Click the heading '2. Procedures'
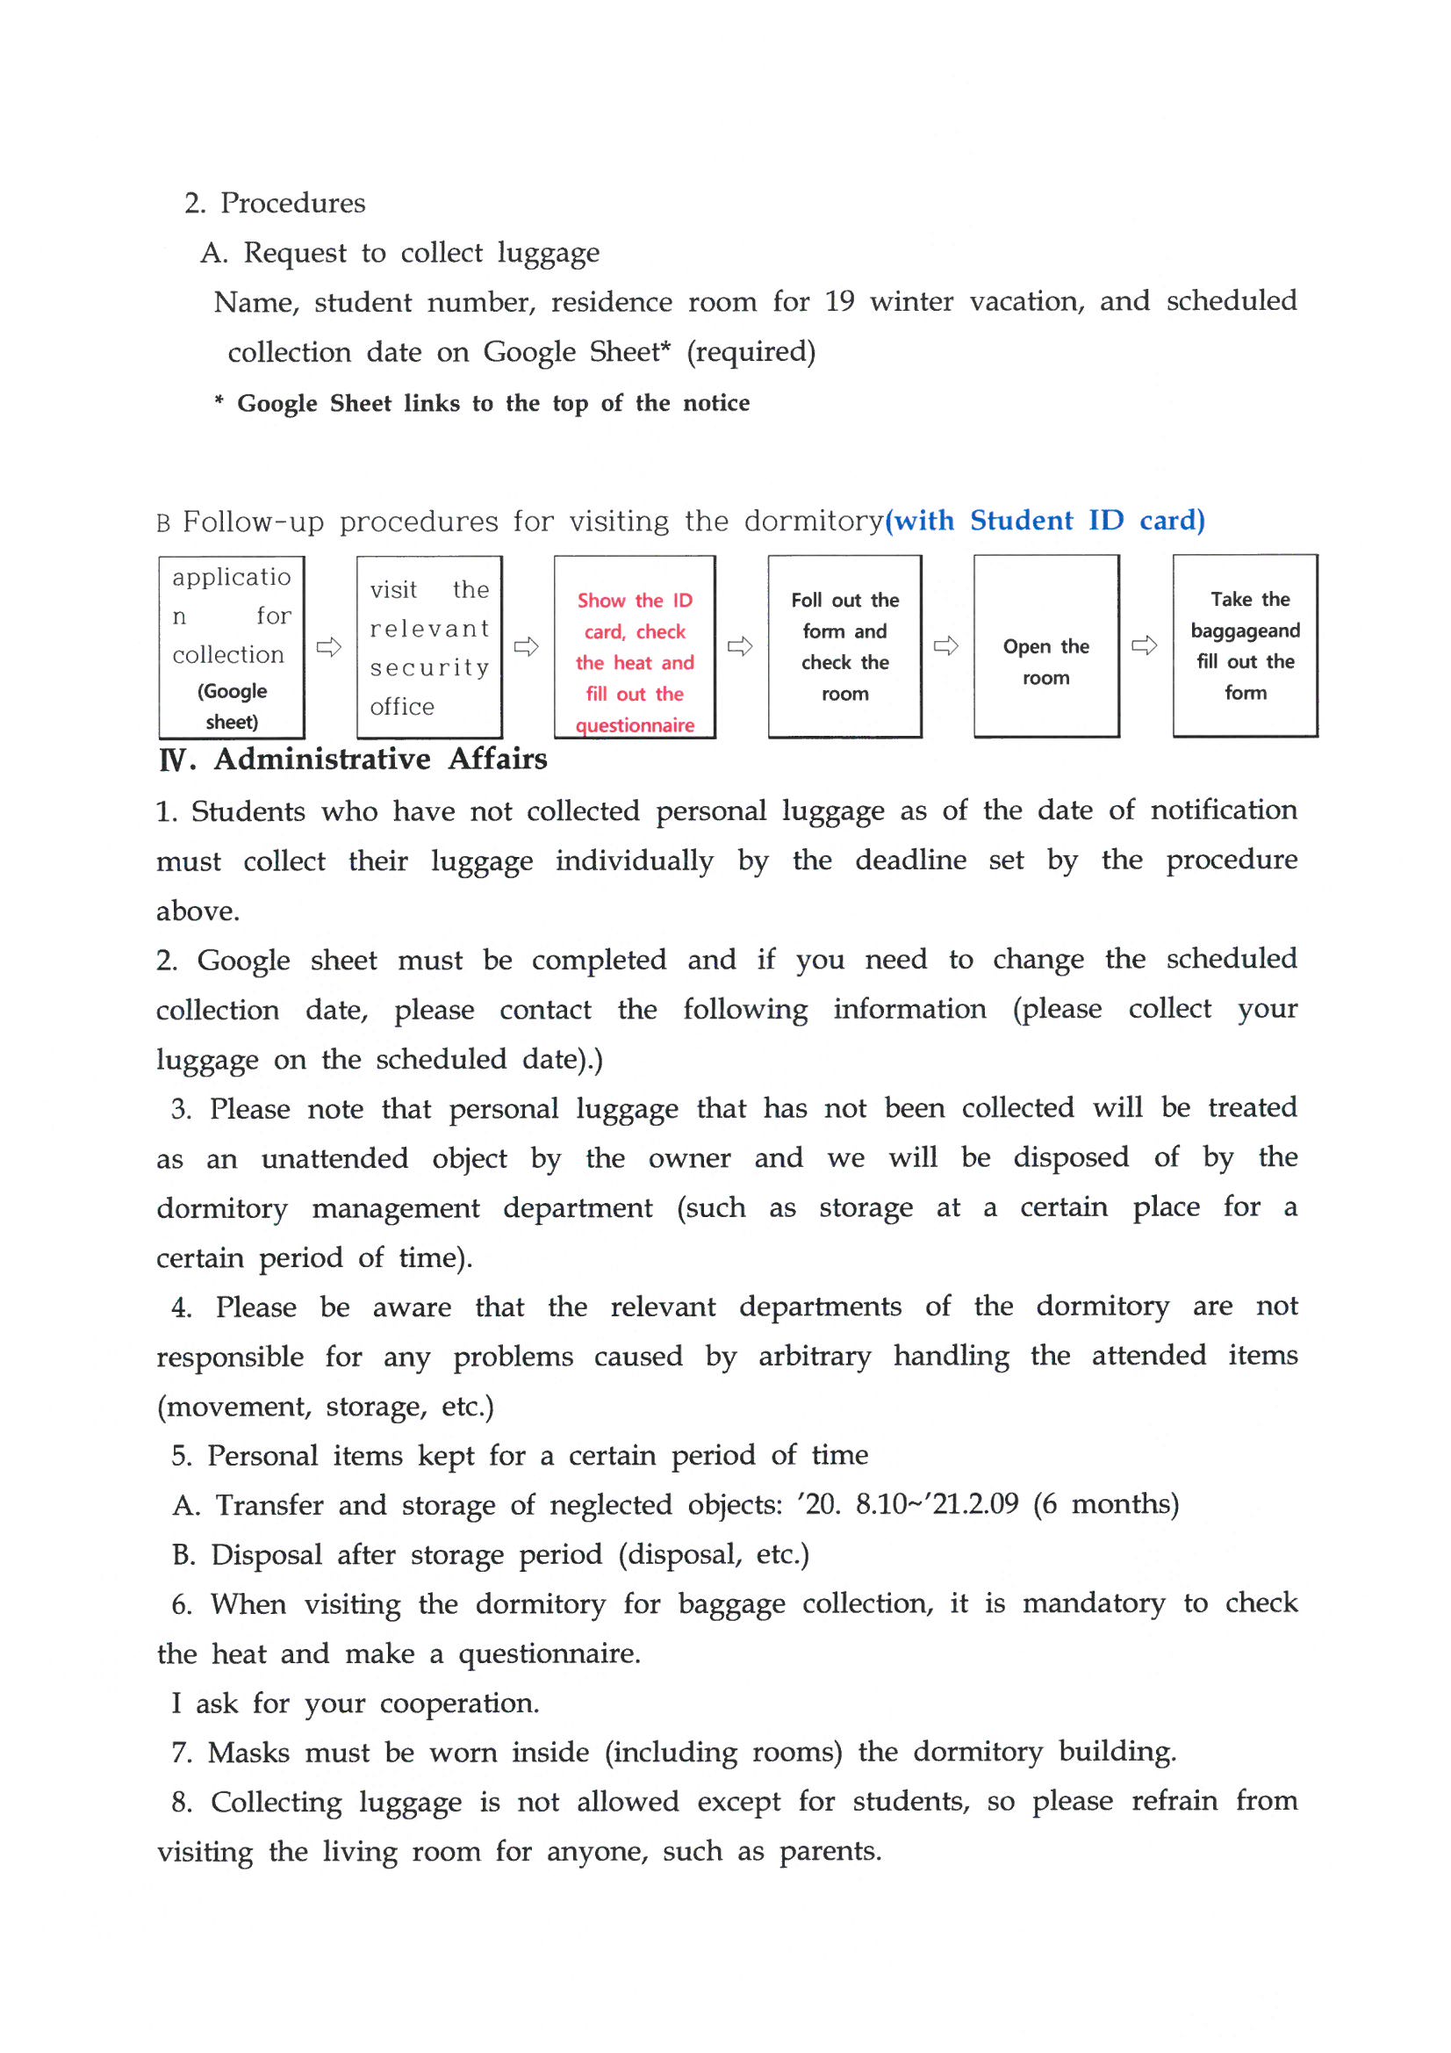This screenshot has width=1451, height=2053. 275,203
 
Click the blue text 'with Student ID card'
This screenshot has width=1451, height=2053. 1045,521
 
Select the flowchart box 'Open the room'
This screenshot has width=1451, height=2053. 1045,645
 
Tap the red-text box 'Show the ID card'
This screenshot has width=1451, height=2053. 634,645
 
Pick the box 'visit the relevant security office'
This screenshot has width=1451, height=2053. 429,646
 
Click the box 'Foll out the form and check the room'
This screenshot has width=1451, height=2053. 844,645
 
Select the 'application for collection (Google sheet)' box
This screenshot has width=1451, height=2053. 232,646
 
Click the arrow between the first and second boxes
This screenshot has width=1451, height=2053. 329,646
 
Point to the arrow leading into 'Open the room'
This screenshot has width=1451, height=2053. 946,645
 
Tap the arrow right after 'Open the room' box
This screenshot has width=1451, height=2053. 1145,645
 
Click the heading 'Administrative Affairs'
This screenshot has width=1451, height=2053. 380,760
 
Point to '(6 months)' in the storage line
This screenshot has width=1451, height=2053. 1106,1504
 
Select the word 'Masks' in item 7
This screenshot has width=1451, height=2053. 248,1753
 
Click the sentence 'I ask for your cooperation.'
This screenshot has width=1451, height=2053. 355,1704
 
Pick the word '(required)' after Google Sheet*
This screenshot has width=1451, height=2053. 751,351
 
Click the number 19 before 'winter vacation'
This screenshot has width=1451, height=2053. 839,301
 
